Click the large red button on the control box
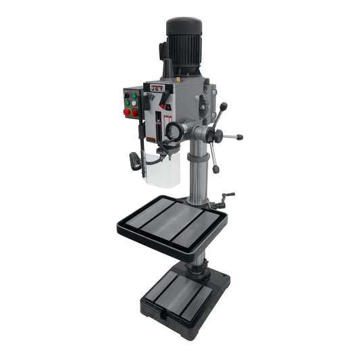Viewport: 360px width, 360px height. (x=127, y=111)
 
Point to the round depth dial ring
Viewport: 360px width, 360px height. (x=174, y=130)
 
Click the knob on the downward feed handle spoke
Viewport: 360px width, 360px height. (x=215, y=169)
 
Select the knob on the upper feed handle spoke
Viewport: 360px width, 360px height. (x=224, y=106)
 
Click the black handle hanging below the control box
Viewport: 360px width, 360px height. (x=135, y=161)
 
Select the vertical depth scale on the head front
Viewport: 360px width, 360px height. (x=157, y=125)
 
